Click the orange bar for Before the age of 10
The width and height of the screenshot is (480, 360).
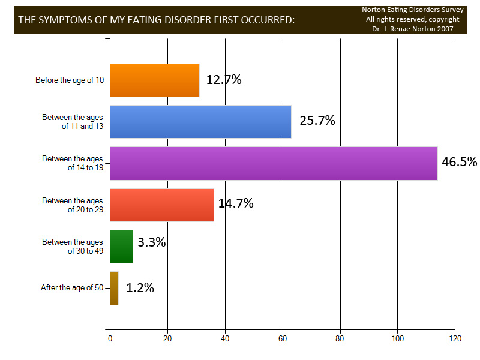point(155,80)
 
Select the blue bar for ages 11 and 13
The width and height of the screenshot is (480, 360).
point(200,122)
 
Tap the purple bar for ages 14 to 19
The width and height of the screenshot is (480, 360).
point(274,163)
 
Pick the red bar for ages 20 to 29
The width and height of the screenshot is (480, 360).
point(162,205)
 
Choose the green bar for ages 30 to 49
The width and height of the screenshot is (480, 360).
point(121,247)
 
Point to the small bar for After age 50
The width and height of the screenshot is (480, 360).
point(114,288)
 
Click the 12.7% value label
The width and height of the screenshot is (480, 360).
point(224,80)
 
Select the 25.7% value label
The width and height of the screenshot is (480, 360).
point(317,121)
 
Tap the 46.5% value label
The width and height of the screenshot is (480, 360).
point(459,162)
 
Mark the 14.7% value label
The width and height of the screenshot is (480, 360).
point(236,203)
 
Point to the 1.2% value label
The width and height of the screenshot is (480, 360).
point(140,288)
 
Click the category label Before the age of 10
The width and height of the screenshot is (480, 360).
point(70,80)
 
